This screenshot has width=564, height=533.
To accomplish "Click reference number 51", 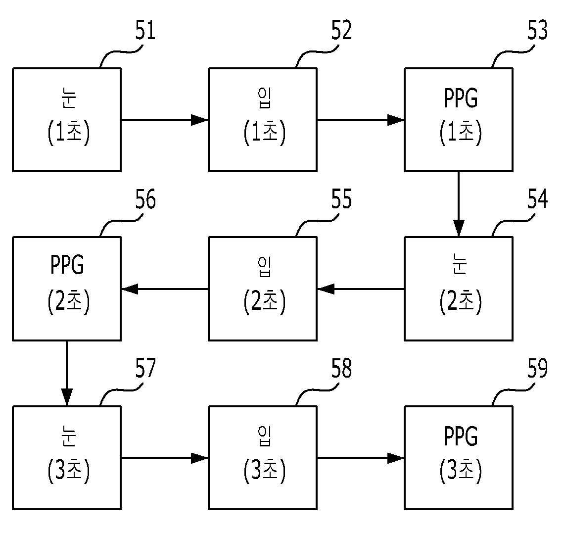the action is (x=145, y=30).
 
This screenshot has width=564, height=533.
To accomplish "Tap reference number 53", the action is (x=537, y=30).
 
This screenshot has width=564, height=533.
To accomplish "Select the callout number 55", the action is (x=341, y=199).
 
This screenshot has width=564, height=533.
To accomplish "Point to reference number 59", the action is (x=537, y=368).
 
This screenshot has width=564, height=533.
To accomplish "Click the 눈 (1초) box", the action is (x=67, y=119).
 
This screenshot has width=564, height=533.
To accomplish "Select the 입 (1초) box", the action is (x=263, y=119).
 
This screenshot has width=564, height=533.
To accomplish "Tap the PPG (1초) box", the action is (x=459, y=119).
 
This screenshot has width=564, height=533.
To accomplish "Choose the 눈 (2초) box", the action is (x=459, y=289).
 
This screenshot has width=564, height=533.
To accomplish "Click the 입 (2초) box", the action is (x=263, y=289).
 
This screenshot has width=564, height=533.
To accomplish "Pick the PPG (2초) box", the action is (x=67, y=289).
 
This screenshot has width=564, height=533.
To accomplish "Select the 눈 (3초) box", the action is (x=67, y=458).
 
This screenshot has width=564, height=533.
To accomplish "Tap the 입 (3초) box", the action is (x=263, y=458).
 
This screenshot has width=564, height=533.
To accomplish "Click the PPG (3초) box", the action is (x=459, y=458).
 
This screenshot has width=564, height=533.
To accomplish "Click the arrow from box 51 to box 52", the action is (x=165, y=119).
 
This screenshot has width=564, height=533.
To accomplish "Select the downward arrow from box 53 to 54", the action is (x=459, y=204).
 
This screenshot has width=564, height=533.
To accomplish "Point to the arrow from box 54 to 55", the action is (x=361, y=289).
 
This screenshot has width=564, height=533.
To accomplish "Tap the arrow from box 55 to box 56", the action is (x=165, y=289).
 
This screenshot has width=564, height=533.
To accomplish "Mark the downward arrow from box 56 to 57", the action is (x=67, y=373).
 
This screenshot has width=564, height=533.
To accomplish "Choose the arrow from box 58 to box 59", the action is (x=361, y=458).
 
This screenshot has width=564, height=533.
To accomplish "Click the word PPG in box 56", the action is (x=67, y=265).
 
